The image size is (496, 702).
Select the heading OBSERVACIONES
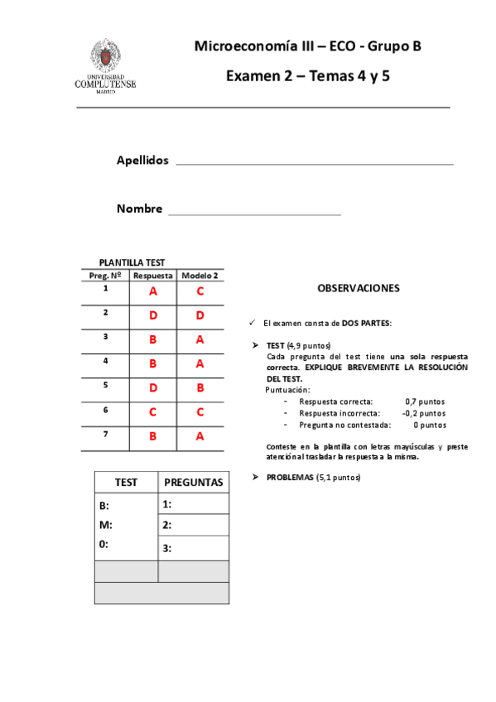[x=359, y=289]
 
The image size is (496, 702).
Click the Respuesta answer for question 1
[x=153, y=291]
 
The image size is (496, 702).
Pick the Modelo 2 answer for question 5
[x=200, y=387]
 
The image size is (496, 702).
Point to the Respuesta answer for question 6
[x=153, y=411]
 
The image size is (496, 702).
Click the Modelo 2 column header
[x=200, y=275]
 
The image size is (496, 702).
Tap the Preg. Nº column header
[x=105, y=275]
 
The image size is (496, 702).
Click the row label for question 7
[x=105, y=434]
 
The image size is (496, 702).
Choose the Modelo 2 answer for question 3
[x=200, y=339]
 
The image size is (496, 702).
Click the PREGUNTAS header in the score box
[x=194, y=482]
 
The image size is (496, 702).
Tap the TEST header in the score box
[x=126, y=482]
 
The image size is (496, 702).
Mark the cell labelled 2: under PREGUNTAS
[x=193, y=525]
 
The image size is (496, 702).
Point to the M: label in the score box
[x=105, y=525]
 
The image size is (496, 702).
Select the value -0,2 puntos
[x=423, y=412]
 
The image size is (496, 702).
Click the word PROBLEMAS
[x=290, y=478]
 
